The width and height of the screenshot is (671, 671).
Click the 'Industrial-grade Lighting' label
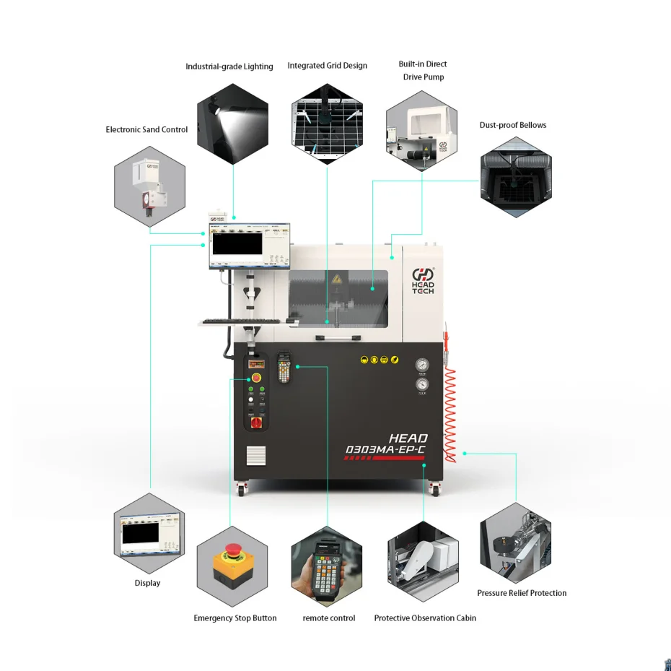point(229,66)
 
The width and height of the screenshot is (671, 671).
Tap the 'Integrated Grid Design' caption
point(328,66)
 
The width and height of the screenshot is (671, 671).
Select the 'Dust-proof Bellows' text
point(513,125)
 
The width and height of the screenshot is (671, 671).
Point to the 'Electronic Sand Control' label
point(146,130)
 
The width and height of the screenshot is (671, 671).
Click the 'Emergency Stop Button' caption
point(235,618)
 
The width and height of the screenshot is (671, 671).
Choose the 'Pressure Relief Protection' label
point(522,593)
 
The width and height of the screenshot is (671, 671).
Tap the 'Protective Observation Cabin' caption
point(425,618)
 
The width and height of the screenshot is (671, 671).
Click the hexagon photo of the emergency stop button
point(232,566)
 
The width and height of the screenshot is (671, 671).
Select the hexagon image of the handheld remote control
point(327,566)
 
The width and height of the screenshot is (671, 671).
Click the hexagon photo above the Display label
point(149,534)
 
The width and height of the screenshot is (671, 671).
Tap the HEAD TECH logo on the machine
point(424,281)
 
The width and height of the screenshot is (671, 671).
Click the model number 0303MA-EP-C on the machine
point(386,450)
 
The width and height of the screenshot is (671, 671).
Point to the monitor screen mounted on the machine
point(237,243)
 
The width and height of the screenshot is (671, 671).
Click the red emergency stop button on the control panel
point(256,378)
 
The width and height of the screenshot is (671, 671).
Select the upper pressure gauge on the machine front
point(421,365)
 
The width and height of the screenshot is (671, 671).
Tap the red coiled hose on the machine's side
point(449,415)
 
